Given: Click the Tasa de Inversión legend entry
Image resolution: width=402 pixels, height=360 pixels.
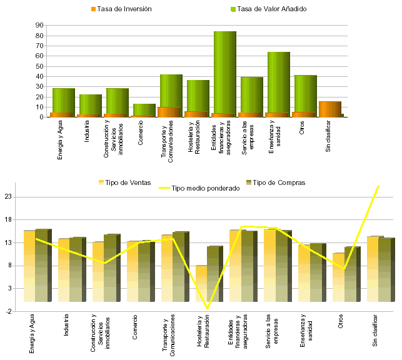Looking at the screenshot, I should [x=124, y=9].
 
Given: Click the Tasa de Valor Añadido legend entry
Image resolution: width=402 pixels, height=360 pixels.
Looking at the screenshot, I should [x=268, y=9].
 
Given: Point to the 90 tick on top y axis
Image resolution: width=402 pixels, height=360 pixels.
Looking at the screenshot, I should [x=39, y=26].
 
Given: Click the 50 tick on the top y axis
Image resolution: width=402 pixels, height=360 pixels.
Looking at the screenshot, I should [x=39, y=66].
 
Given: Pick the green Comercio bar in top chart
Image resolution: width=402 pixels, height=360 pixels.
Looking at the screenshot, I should [x=144, y=109].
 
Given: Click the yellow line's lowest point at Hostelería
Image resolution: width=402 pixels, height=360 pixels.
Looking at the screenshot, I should [x=207, y=308].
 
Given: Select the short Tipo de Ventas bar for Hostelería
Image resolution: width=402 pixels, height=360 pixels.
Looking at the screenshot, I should [x=201, y=284].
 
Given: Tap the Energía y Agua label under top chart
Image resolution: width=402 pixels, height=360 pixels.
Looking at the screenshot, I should [x=60, y=142].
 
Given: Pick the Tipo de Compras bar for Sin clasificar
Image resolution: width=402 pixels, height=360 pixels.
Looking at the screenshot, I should [x=386, y=269].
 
